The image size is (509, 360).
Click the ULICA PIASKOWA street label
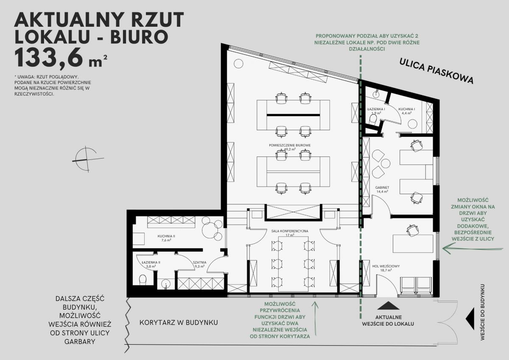(x=436, y=71)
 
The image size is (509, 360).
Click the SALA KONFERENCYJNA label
(x=290, y=231)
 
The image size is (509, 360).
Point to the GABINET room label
(x=382, y=187)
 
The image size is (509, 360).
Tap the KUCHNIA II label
(x=166, y=236)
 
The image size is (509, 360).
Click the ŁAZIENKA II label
(x=151, y=262)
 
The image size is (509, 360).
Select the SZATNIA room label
(x=200, y=262)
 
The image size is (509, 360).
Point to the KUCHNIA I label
(x=407, y=109)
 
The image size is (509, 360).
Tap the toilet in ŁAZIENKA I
(x=373, y=119)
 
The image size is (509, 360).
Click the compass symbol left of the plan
(x=87, y=159)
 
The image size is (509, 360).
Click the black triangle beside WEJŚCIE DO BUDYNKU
(x=470, y=319)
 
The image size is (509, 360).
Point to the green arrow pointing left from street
(x=473, y=249)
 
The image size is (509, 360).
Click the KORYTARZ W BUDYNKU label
(x=179, y=323)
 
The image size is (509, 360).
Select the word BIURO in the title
(x=140, y=36)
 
